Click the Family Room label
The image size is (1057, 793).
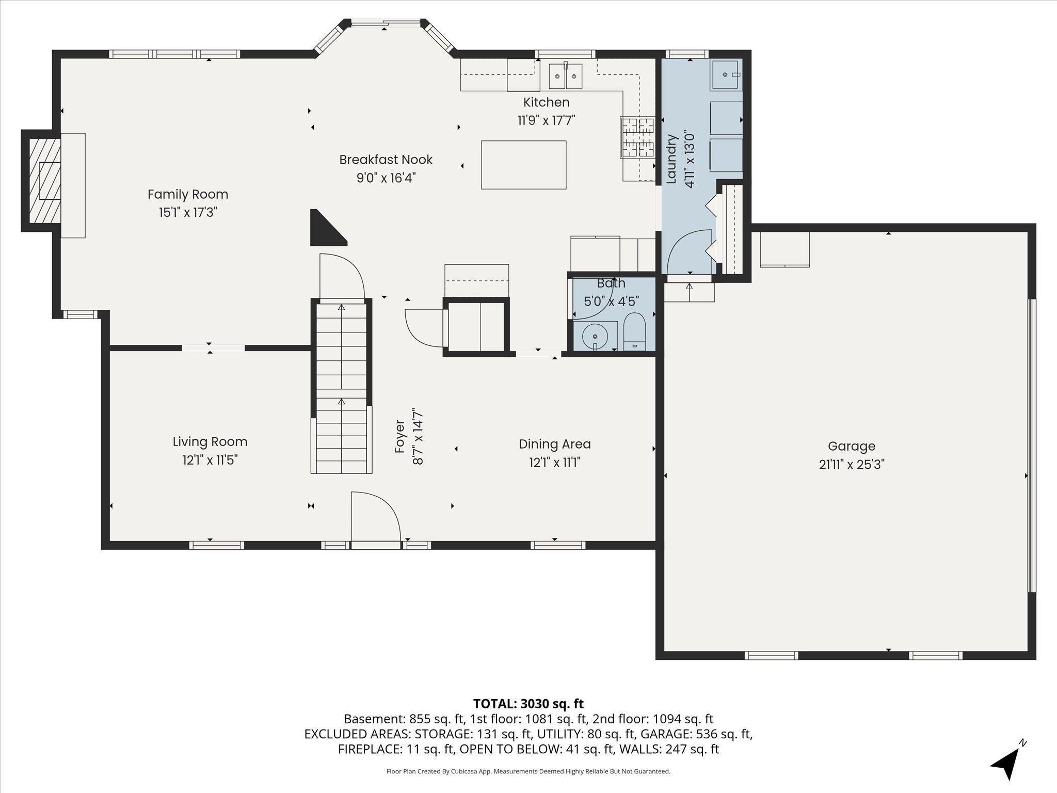pyautogui.click(x=188, y=194)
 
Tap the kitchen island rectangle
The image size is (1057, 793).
pyautogui.click(x=523, y=165)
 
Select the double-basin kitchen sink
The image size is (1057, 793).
pyautogui.click(x=565, y=76)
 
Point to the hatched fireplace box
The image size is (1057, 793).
pyautogui.click(x=44, y=181)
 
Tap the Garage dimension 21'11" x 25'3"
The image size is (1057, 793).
pyautogui.click(x=852, y=465)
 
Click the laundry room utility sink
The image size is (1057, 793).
pyautogui.click(x=727, y=75)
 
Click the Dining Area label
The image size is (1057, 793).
pyautogui.click(x=554, y=444)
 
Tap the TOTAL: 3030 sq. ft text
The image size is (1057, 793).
pyautogui.click(x=528, y=704)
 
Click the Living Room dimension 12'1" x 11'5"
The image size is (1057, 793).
pyautogui.click(x=210, y=460)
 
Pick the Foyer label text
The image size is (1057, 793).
pyautogui.click(x=399, y=437)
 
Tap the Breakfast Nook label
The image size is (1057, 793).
pyautogui.click(x=386, y=160)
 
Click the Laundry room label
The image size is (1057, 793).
pyautogui.click(x=671, y=159)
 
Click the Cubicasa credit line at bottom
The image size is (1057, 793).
pyautogui.click(x=528, y=771)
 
